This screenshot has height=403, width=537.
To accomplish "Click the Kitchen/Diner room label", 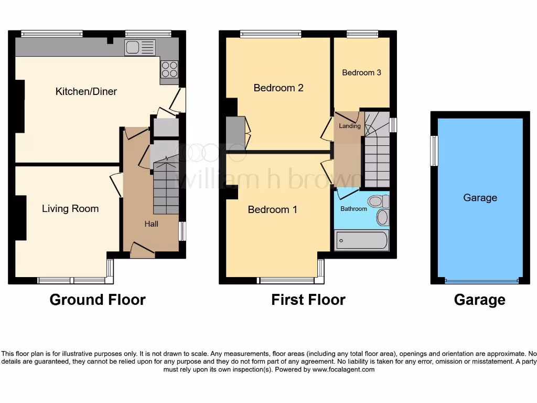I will tap(86, 91).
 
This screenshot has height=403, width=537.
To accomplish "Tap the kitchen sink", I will tap(139, 48).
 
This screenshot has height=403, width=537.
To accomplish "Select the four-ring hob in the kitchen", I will tap(169, 70).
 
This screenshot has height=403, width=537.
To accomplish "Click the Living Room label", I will tap(70, 208).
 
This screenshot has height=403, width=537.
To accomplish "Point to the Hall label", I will tap(152, 224).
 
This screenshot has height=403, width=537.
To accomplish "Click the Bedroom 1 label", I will tap(272, 209).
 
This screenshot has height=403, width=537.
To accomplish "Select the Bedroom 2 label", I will tap(278, 88).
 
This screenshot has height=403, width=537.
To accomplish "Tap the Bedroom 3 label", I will tap(361, 72).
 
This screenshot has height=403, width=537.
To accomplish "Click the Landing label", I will tap(349, 126).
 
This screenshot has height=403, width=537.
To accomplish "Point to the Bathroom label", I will tap(353, 209).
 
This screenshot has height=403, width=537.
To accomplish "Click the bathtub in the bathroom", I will tap(361, 241).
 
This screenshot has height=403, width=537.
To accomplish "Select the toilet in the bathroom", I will tap(378, 201).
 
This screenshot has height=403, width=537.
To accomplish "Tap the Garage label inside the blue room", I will tap(480, 198).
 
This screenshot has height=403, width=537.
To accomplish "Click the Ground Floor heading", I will tap(98, 300).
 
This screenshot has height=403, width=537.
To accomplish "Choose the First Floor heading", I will tap(308, 300).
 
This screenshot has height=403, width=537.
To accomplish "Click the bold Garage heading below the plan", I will tap(479, 300).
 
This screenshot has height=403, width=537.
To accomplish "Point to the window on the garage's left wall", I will tap(434, 151).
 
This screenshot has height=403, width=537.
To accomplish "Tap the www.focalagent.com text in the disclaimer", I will tap(343, 369).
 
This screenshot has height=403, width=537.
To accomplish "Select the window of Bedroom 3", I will tap(362, 34).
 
